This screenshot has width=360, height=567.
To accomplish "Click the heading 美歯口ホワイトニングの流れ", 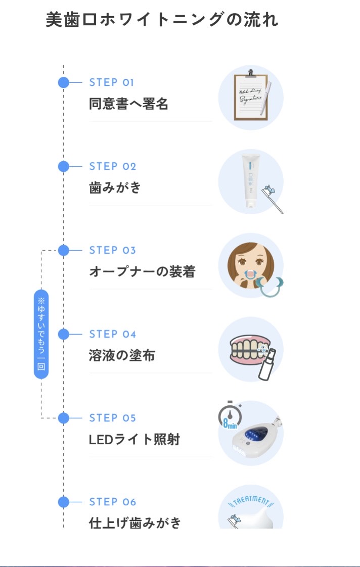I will (x=162, y=20).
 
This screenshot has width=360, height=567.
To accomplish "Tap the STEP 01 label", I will (x=112, y=82).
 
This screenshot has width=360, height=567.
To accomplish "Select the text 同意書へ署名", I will (x=128, y=104).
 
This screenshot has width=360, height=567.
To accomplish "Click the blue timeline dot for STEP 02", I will (x=64, y=166).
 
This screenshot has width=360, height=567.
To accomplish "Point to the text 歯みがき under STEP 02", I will (x=115, y=188).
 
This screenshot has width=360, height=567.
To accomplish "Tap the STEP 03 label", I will (x=112, y=250).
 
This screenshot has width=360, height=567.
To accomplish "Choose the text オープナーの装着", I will (x=142, y=272).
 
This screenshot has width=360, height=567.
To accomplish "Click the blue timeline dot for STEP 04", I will (x=64, y=334).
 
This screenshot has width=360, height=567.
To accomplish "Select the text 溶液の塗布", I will (x=122, y=356).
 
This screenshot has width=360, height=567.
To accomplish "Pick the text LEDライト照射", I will (x=134, y=440).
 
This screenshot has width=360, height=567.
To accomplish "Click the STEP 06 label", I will (x=113, y=502).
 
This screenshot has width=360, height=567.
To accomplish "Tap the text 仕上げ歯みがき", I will (x=135, y=523).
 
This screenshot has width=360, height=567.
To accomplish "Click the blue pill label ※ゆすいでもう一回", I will (x=41, y=334).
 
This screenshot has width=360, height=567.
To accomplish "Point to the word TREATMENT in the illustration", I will (x=250, y=500).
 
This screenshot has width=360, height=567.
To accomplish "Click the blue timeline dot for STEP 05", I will (x=64, y=418).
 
